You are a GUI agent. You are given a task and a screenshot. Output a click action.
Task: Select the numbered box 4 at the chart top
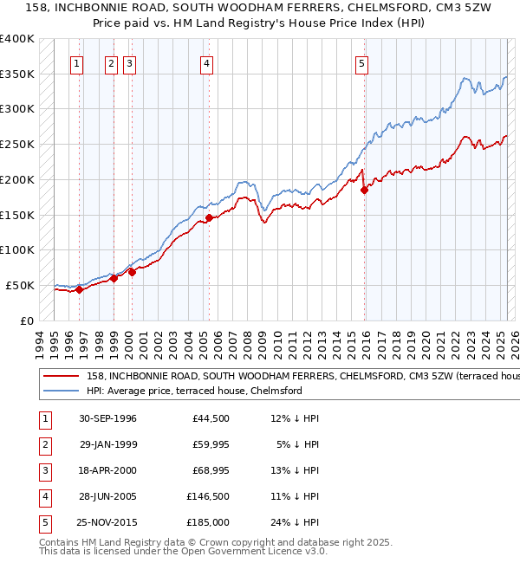207,62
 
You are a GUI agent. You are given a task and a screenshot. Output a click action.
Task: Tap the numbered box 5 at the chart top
361,62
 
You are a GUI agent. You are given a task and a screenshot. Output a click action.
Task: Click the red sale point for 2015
364,190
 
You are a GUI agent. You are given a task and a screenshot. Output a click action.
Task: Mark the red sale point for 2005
209,218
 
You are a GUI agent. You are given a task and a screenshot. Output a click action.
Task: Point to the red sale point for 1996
79,290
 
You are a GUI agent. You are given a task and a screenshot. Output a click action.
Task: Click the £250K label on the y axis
17,144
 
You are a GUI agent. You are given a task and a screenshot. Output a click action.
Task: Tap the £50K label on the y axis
20,285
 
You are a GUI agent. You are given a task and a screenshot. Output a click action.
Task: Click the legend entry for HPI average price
193,391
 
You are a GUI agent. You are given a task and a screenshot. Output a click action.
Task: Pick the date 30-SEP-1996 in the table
107,419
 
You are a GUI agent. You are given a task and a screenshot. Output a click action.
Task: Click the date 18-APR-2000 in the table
107,471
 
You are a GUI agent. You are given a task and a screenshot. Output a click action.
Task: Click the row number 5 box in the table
44,523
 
